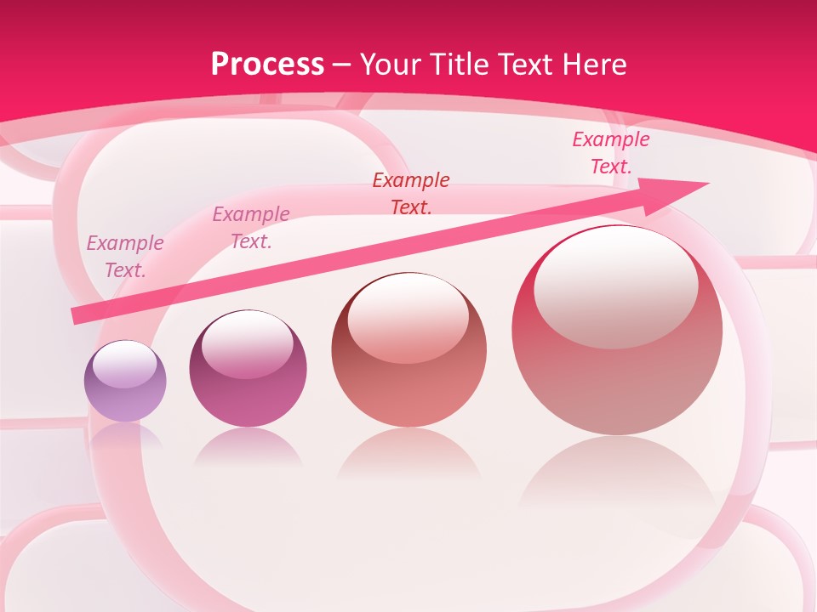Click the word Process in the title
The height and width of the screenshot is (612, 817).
coord(267,65)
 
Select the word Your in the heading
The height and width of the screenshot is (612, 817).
coord(391,65)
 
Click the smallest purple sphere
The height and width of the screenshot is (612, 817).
coord(125,382)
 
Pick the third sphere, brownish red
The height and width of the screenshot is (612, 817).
coord(408,350)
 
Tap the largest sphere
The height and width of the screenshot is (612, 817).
coord(617,331)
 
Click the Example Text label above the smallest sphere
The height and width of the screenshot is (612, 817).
coord(125,257)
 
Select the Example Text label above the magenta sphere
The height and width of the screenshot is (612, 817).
coord(251,228)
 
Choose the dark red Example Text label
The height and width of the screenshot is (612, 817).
coord(411,193)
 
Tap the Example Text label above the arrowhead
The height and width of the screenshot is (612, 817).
coord(610,153)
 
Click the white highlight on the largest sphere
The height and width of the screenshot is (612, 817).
coord(616,286)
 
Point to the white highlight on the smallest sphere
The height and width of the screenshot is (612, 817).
coord(125,364)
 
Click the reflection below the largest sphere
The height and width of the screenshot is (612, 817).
coord(617,476)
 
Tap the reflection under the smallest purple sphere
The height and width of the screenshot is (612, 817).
coord(125,436)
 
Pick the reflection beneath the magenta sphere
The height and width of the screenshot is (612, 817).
coord(248,448)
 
